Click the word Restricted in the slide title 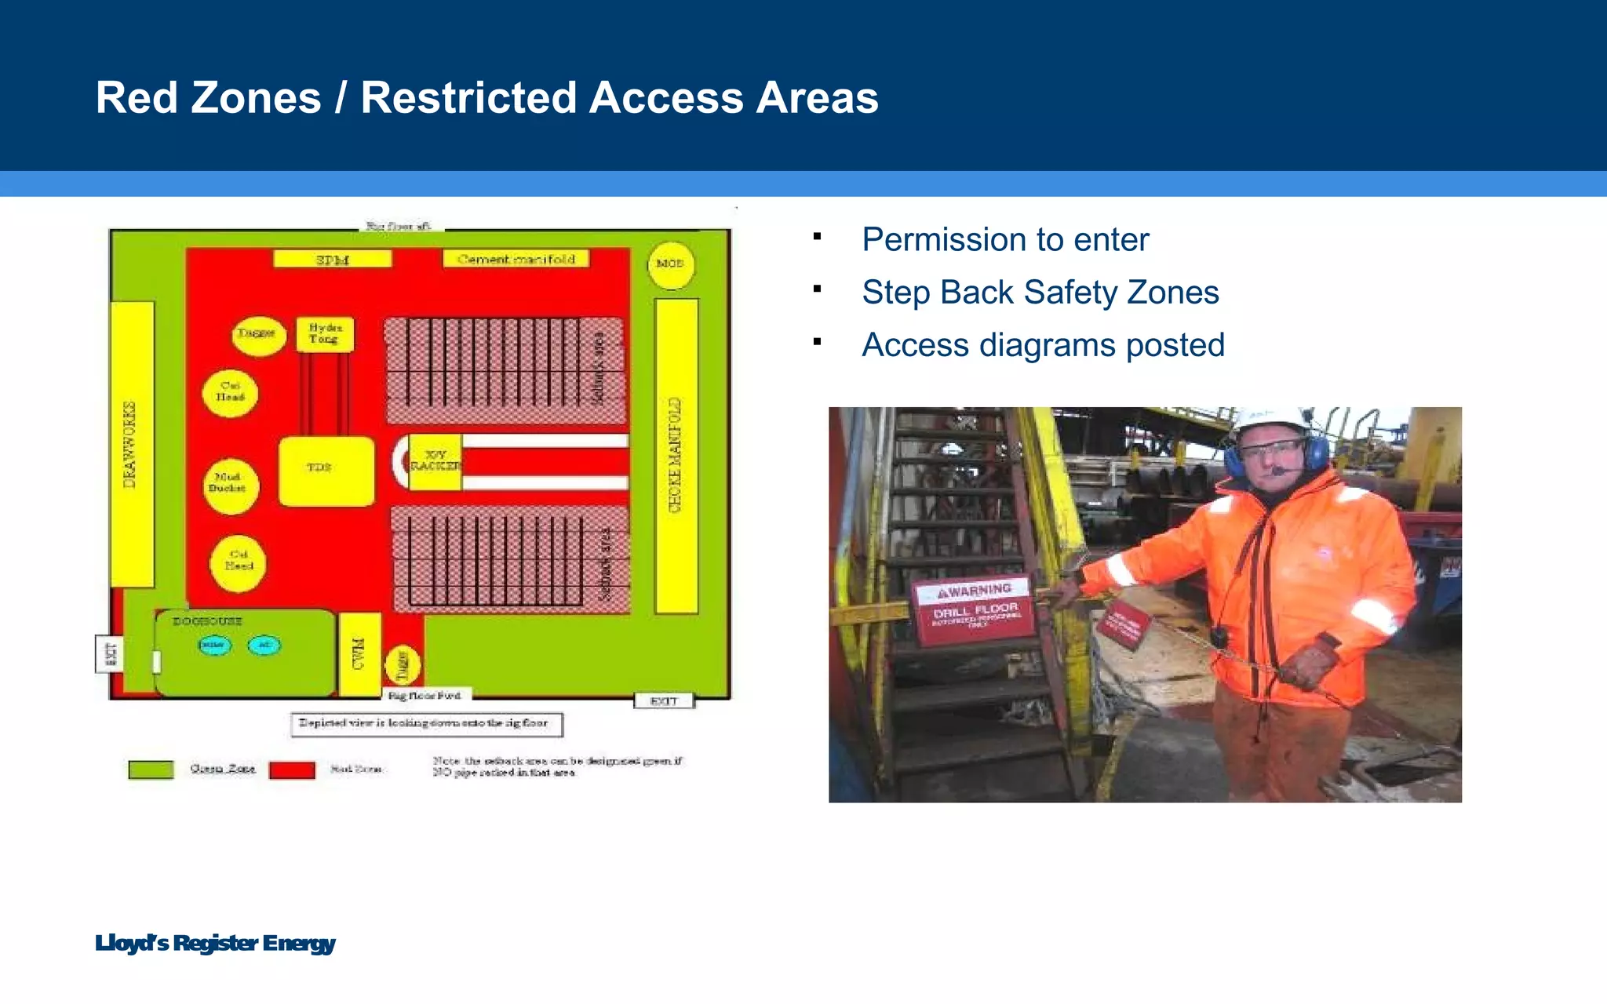pos(468,98)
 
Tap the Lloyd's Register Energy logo pos(215,943)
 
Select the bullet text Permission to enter pos(1004,240)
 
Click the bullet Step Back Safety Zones pos(1040,293)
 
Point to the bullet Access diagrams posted pos(1043,345)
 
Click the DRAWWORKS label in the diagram pos(131,444)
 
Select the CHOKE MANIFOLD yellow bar pos(676,456)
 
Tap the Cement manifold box pos(516,260)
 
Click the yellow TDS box pos(326,471)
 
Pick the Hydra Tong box pos(325,334)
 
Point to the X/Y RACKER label pos(435,461)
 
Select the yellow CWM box pos(359,654)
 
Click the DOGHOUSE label pos(207,621)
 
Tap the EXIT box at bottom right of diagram pos(664,701)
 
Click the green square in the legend pos(151,769)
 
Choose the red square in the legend pos(292,769)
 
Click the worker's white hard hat pos(1270,422)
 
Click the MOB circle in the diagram pos(670,264)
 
